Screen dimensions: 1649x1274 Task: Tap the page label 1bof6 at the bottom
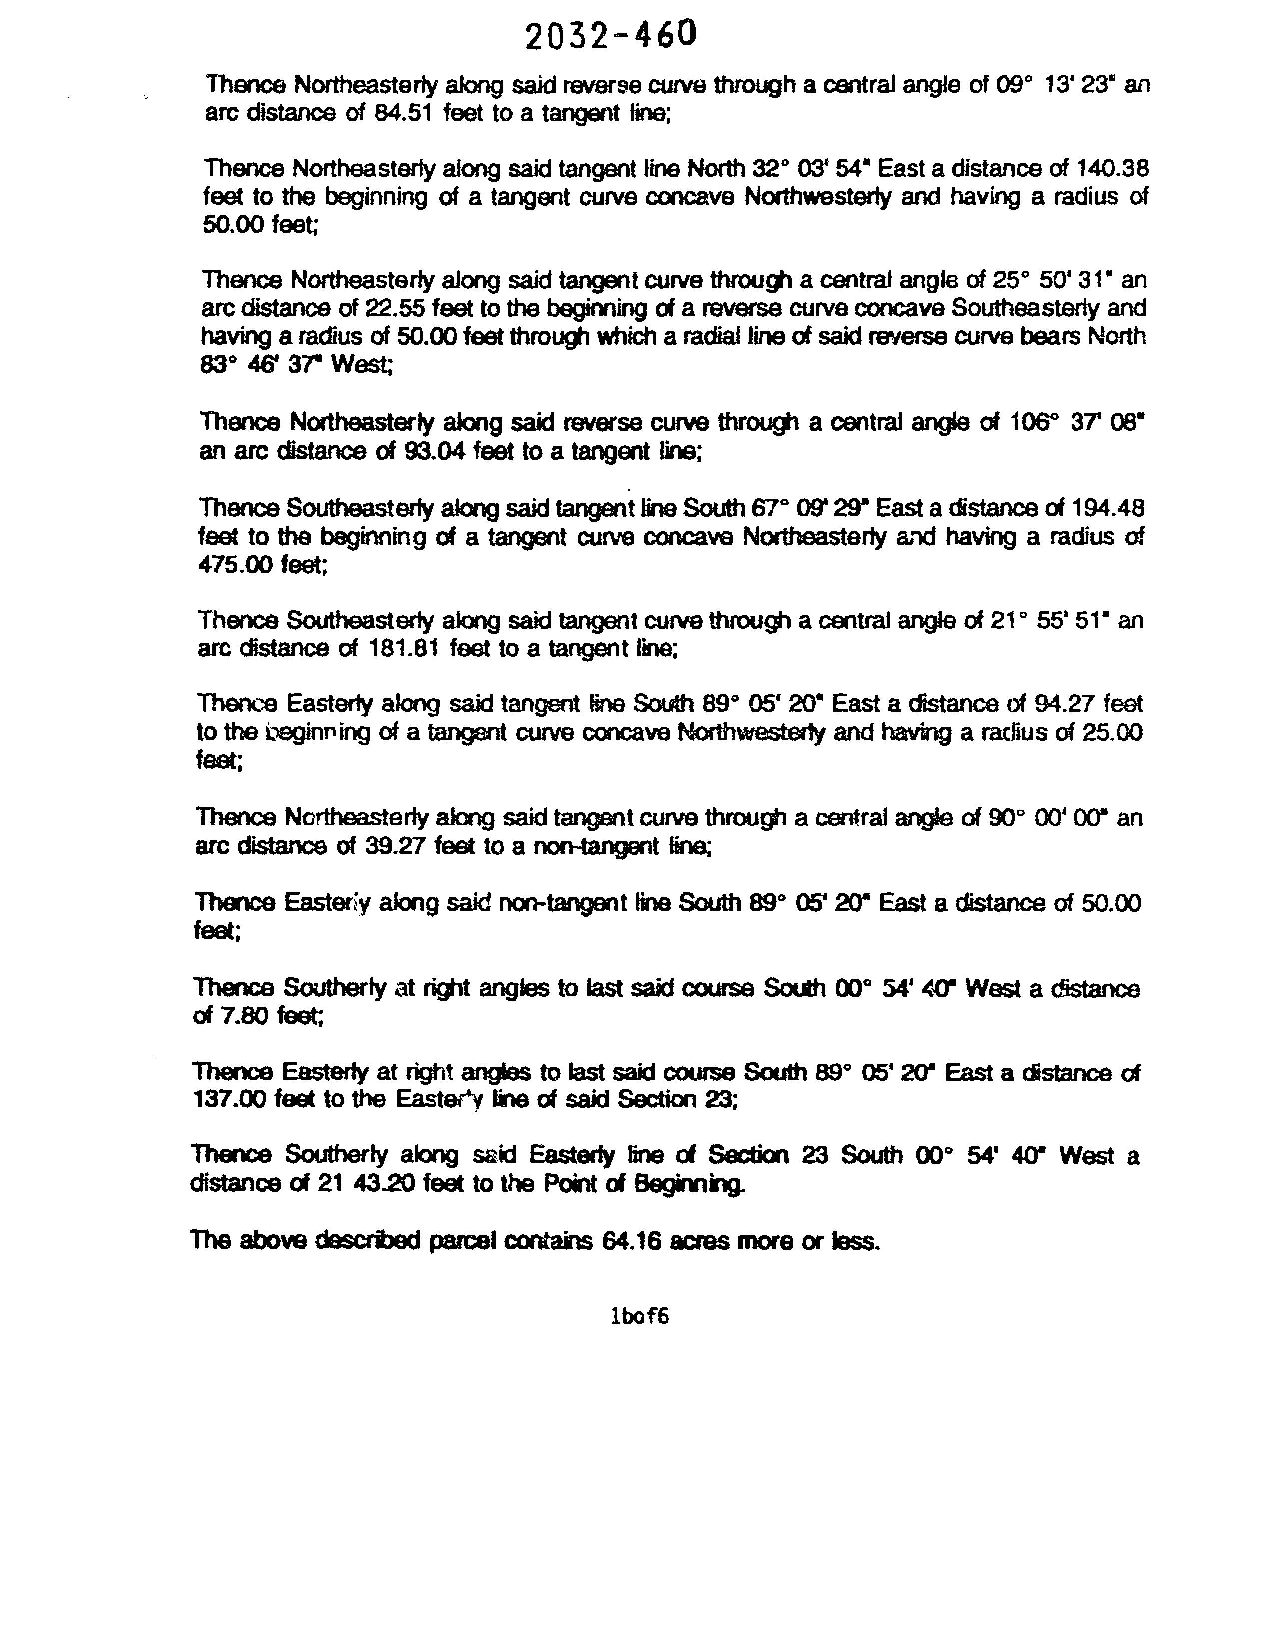tap(639, 1316)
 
